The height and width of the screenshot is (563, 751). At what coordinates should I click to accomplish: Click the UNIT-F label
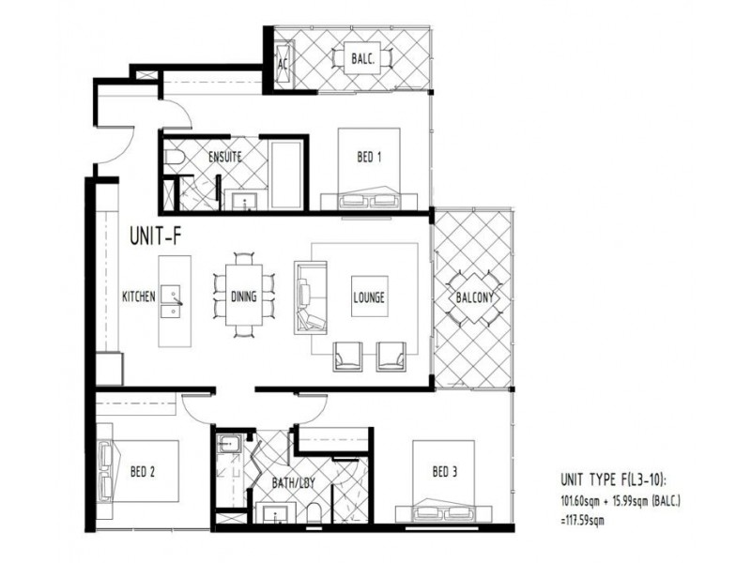[156, 236]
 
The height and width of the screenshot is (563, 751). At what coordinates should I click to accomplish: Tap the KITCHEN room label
[139, 297]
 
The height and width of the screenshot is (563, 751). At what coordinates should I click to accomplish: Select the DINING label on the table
[244, 297]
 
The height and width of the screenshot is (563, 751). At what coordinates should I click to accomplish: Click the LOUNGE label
[369, 297]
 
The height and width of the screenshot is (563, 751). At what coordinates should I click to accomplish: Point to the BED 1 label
[369, 157]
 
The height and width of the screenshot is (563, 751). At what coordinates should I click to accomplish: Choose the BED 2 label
[143, 472]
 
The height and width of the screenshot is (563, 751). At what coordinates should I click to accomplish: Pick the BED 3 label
[444, 472]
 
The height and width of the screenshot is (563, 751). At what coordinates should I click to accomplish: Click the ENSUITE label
[225, 157]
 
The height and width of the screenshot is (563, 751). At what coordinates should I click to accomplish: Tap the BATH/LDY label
[294, 482]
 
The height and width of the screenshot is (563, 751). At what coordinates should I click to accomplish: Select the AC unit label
[284, 64]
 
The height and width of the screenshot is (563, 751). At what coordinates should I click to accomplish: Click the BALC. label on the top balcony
[363, 59]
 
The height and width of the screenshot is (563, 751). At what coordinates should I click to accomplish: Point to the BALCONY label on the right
[474, 297]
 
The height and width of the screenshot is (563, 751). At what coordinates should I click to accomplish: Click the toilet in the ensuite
[174, 157]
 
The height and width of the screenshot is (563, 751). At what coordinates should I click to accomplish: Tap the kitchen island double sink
[171, 301]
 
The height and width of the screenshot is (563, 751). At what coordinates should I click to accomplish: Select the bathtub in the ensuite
[286, 175]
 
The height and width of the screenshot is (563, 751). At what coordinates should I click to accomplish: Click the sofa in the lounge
[311, 297]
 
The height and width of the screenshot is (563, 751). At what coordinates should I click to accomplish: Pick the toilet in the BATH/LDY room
[314, 512]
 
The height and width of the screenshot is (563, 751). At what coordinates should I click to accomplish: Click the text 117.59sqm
[582, 520]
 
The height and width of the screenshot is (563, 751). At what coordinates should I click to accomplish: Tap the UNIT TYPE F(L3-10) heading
[614, 479]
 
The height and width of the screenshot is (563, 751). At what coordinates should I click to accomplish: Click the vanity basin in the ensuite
[246, 201]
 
